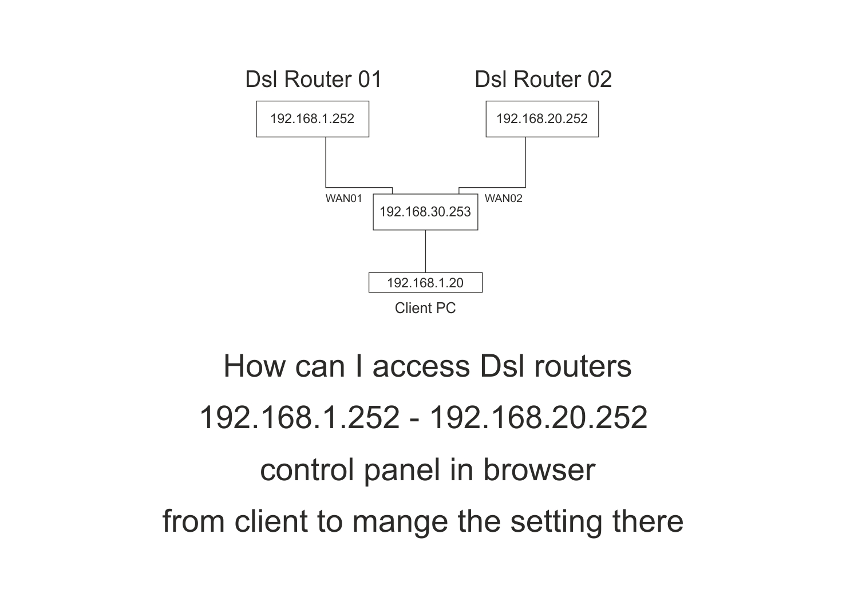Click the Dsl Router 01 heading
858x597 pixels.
[x=313, y=79]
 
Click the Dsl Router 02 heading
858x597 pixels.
[x=543, y=79]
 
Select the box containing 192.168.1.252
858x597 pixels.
[x=313, y=119]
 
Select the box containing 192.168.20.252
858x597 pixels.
[x=542, y=119]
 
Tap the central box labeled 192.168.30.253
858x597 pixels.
[x=425, y=212]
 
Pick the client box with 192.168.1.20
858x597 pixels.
[x=425, y=283]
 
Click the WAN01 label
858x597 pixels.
[x=343, y=199]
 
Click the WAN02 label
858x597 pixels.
[x=503, y=199]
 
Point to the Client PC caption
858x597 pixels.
[x=425, y=308]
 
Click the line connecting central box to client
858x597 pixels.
[x=425, y=251]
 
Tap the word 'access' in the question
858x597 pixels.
[x=422, y=366]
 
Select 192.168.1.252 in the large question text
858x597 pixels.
[x=299, y=417]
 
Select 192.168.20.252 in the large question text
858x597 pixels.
[x=538, y=417]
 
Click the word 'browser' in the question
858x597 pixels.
[x=539, y=469]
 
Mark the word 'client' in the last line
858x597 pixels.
[x=271, y=521]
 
